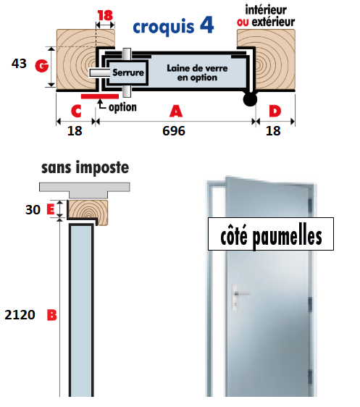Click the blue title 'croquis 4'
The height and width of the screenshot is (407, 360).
pyautogui.click(x=173, y=26)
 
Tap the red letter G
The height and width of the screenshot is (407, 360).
pyautogui.click(x=42, y=66)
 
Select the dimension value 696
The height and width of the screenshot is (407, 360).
pyautogui.click(x=174, y=131)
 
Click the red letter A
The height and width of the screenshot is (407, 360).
pyautogui.click(x=176, y=112)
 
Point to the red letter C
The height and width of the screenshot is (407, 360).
pyautogui.click(x=76, y=112)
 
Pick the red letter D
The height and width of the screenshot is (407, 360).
pyautogui.click(x=275, y=111)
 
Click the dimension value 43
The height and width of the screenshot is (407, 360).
pyautogui.click(x=19, y=64)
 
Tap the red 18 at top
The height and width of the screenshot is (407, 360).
pyautogui.click(x=105, y=15)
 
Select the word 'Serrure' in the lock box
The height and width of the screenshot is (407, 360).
pyautogui.click(x=128, y=72)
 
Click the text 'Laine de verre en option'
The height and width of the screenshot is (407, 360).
pyautogui.click(x=197, y=72)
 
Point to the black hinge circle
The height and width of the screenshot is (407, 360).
pyautogui.click(x=250, y=99)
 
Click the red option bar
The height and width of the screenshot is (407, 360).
pyautogui.click(x=100, y=96)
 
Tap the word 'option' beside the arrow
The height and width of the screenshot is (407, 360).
pyautogui.click(x=122, y=107)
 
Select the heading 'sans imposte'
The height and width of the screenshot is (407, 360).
pyautogui.click(x=85, y=167)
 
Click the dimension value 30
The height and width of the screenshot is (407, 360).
pyautogui.click(x=33, y=210)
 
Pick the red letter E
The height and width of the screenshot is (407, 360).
pyautogui.click(x=51, y=209)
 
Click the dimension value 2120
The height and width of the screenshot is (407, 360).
pyautogui.click(x=20, y=315)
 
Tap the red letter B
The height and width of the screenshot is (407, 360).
pyautogui.click(x=52, y=315)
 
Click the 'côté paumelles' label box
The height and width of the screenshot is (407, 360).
pyautogui.click(x=271, y=234)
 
